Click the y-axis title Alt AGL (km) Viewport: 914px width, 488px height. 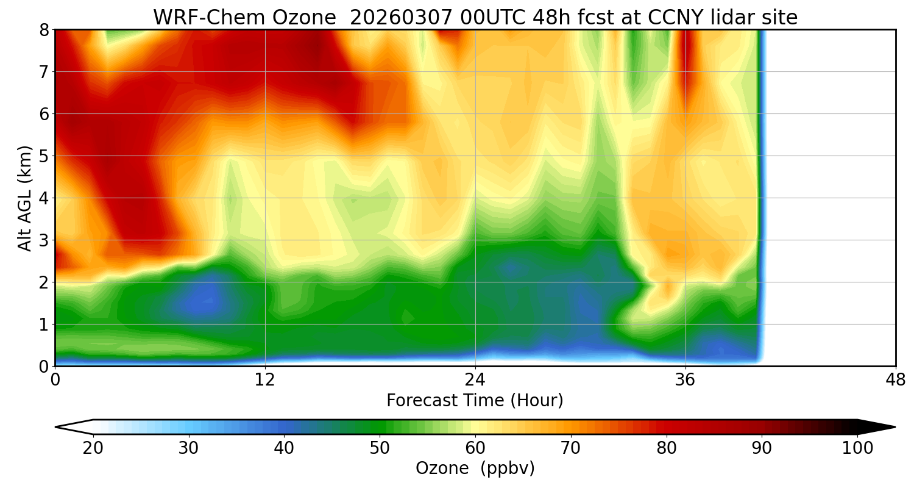pyautogui.click(x=25, y=198)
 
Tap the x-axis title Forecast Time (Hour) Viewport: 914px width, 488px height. pyautogui.click(x=475, y=401)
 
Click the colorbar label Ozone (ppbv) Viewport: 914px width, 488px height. pyautogui.click(x=475, y=468)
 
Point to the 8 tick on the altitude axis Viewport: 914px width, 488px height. pyautogui.click(x=44, y=29)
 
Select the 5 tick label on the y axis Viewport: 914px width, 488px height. pyautogui.click(x=44, y=156)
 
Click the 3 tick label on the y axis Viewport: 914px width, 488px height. pyautogui.click(x=44, y=240)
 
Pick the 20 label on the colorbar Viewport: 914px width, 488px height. pyautogui.click(x=93, y=448)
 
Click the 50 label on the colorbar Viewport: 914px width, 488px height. pyautogui.click(x=380, y=448)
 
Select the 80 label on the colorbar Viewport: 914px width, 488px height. pyautogui.click(x=667, y=448)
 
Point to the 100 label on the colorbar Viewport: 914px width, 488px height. pyautogui.click(x=857, y=448)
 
